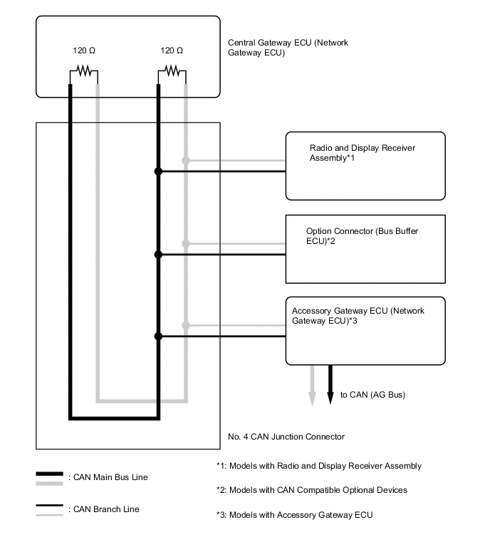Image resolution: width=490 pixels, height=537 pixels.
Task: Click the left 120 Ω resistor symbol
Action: pyautogui.click(x=83, y=71)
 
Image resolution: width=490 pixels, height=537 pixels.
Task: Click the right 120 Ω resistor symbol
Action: pyautogui.click(x=172, y=71)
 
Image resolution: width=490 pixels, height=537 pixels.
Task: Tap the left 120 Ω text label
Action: pyautogui.click(x=83, y=50)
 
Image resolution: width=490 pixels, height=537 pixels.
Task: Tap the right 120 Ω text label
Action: pyautogui.click(x=172, y=50)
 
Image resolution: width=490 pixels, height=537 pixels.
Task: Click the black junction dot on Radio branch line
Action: pyautogui.click(x=159, y=171)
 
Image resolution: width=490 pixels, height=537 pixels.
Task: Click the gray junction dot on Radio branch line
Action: pyautogui.click(x=186, y=161)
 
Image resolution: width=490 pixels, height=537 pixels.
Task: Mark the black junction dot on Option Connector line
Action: pyautogui.click(x=159, y=254)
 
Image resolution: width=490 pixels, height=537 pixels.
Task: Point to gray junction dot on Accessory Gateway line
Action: pyautogui.click(x=186, y=326)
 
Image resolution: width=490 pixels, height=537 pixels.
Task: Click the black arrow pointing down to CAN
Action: pyautogui.click(x=330, y=388)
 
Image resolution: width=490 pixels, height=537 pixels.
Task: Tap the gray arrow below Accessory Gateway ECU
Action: pyautogui.click(x=311, y=388)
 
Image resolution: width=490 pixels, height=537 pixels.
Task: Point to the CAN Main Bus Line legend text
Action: pyautogui.click(x=108, y=477)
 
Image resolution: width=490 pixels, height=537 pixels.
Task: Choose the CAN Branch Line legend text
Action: pyautogui.click(x=104, y=509)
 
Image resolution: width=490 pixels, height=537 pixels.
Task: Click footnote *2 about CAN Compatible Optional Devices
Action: pyautogui.click(x=311, y=490)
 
